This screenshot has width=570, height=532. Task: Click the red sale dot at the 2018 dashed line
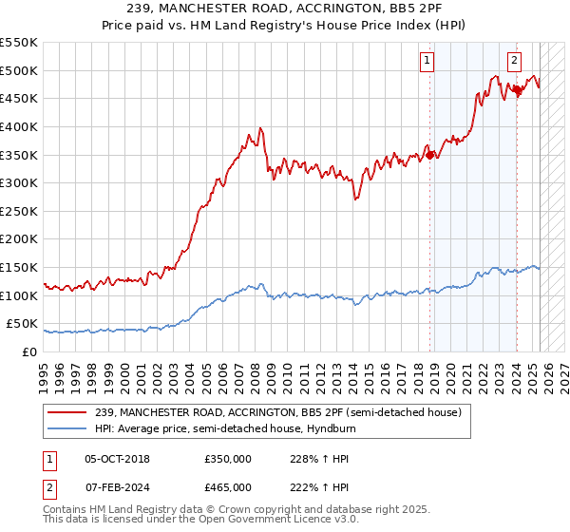coord(430,155)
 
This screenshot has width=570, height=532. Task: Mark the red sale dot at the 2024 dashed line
coord(518,90)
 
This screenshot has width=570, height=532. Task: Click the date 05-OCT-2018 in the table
coord(117,459)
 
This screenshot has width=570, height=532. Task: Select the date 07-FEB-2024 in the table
coord(117,485)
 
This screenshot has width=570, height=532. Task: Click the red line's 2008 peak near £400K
coord(259,128)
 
